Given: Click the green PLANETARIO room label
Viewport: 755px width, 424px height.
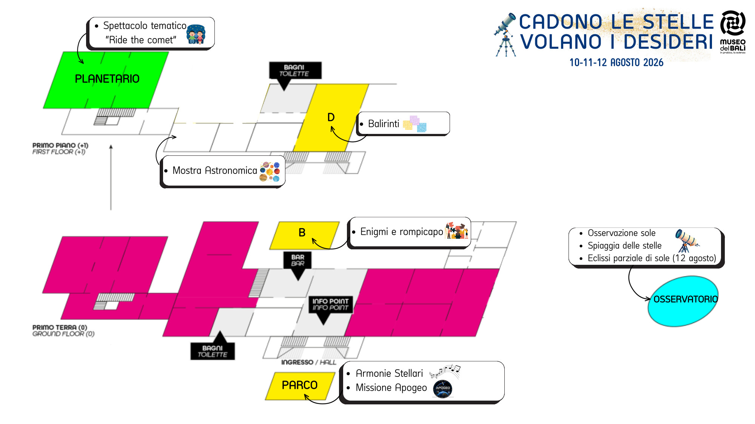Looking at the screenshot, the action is [107, 79].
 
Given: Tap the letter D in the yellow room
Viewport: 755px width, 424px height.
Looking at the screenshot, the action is [331, 117].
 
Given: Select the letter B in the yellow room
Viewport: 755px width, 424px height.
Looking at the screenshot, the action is [302, 232].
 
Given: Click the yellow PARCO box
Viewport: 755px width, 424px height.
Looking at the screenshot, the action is [300, 386].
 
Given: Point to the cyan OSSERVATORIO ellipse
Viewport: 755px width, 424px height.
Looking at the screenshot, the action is [683, 301].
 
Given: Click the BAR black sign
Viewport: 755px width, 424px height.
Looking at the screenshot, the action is [297, 260].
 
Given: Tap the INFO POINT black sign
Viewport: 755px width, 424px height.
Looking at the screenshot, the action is [330, 304].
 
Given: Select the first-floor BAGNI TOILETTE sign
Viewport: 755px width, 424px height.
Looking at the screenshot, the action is [295, 71].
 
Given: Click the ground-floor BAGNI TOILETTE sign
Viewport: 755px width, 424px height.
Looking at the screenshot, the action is [213, 351].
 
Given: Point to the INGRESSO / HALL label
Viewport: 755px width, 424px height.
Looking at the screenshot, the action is [308, 362].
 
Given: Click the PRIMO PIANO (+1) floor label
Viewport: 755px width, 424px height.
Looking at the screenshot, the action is [60, 148].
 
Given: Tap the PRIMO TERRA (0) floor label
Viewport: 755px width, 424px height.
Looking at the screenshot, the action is [63, 330].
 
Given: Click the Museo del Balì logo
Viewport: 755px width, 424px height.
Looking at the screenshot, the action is [733, 32].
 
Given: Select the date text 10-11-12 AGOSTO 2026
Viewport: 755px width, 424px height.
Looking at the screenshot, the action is [616, 63].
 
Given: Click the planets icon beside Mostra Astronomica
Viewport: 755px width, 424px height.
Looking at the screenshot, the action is [270, 172].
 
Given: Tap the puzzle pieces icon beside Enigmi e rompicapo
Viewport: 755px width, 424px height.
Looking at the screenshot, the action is [457, 230].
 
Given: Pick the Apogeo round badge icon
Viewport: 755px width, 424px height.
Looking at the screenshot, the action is [443, 389].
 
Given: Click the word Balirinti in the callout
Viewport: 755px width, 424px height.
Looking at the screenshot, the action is [384, 124].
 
